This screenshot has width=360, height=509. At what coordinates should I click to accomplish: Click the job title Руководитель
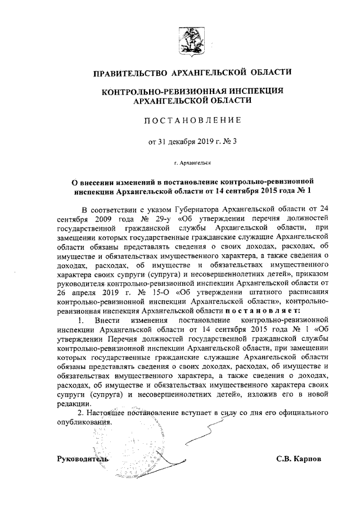83,458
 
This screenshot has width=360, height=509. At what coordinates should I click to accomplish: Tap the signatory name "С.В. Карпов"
299,458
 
